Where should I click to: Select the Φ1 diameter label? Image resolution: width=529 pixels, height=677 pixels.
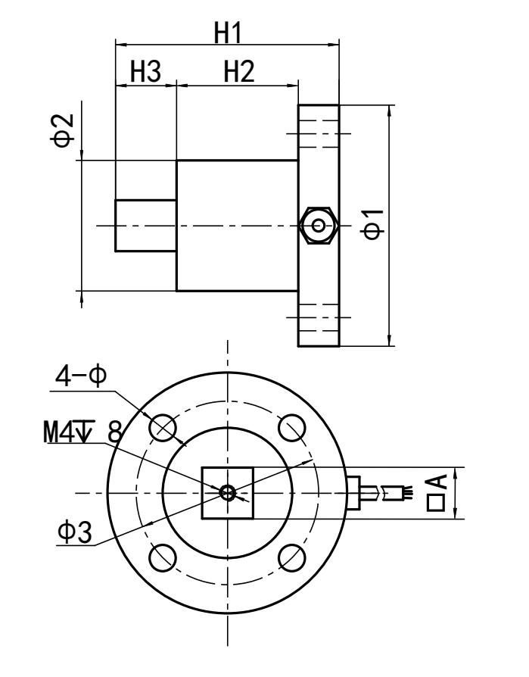tap(372, 226)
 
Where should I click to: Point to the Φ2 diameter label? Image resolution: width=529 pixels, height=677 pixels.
tap(67, 129)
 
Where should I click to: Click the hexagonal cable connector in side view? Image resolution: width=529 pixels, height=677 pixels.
tap(317, 226)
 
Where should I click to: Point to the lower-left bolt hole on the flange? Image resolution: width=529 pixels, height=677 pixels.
tap(162, 558)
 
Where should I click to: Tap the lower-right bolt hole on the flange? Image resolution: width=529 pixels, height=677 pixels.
tap(291, 558)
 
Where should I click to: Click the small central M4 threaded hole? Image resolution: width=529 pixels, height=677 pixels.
tap(227, 493)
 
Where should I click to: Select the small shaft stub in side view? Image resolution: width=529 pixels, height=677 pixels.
tap(145, 226)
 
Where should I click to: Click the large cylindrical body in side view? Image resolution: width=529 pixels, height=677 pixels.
tap(237, 226)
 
